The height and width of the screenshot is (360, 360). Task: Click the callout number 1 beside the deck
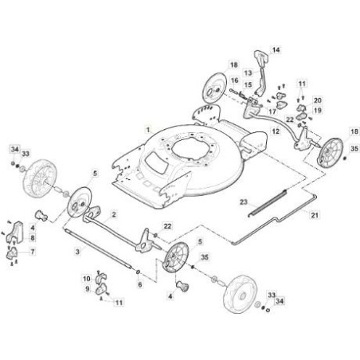pos(148,131)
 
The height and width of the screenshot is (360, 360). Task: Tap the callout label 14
pos(276,50)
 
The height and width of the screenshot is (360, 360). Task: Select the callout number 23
pos(244,202)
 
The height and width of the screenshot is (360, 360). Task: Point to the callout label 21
pos(315,215)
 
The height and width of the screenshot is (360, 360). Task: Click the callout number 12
pos(276,131)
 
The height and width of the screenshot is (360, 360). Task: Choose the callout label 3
pos(77,251)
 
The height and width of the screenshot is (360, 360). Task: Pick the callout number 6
pos(140,285)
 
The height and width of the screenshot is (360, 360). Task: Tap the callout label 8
pos(33,237)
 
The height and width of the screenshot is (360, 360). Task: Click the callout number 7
pos(33,251)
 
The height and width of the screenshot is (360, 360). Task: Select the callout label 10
pos(87,279)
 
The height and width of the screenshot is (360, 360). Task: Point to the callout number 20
pos(318,100)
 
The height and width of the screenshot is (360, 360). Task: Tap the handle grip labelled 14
pos(261,57)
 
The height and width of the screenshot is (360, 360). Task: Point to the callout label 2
pos(113,214)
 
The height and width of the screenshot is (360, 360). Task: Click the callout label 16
pos(234,80)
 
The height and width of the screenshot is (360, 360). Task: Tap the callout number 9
pos(88,289)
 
